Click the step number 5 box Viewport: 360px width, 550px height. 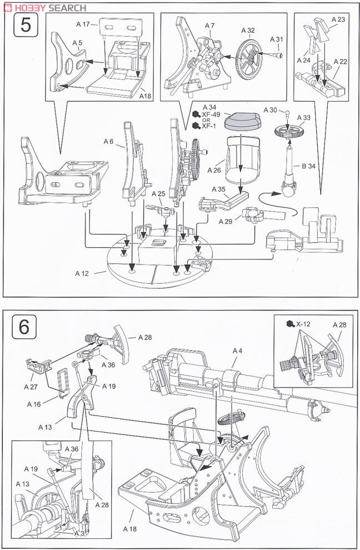tap(26, 24)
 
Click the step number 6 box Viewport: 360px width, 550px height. tap(24, 327)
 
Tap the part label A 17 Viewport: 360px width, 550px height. tap(83, 24)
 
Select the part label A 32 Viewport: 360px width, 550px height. tap(248, 31)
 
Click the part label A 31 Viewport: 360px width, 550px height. tap(277, 39)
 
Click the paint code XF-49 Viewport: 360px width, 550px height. tap(211, 114)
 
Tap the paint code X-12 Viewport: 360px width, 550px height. tap(303, 324)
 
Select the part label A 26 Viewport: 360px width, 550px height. tap(214, 171)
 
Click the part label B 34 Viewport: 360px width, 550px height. tap(309, 166)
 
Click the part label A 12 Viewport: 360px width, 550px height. tap(82, 273)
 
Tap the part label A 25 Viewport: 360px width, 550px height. tap(158, 194)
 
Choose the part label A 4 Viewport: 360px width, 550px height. tap(237, 351)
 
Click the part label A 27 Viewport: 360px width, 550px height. tap(31, 387)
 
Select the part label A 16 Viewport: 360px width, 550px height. tap(34, 404)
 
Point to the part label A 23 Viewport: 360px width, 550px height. tap(338, 19)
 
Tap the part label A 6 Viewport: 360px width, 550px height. tap(108, 141)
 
